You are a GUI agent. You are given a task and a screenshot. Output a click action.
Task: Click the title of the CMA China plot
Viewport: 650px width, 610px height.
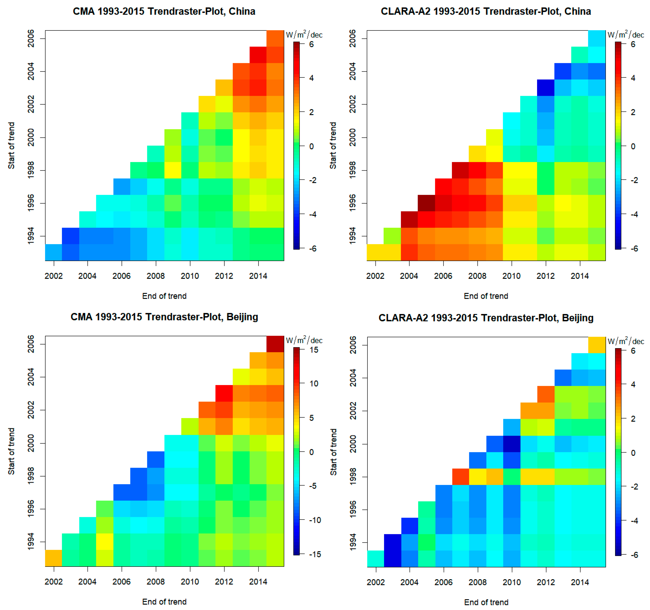[164, 11]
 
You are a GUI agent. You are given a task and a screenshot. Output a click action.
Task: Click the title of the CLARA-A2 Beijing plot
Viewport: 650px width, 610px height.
[486, 318]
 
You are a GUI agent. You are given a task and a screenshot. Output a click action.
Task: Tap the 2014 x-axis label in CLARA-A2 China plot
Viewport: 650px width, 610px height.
[580, 276]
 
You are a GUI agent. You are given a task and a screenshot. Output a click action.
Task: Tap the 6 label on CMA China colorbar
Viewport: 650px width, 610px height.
[311, 44]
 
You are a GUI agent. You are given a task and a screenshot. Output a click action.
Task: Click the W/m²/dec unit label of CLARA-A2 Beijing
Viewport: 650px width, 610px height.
[625, 341]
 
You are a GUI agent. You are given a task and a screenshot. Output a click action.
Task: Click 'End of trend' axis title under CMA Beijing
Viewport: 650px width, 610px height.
[164, 602]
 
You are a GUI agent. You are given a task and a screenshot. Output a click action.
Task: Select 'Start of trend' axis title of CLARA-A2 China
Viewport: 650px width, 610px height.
[333, 145]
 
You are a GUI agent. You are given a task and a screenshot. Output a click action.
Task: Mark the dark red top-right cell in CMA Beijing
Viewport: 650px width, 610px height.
[275, 344]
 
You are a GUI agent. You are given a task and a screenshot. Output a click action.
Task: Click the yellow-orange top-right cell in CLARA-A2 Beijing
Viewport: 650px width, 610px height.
[597, 345]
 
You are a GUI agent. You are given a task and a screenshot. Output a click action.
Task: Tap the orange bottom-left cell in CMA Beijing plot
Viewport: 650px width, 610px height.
[53, 558]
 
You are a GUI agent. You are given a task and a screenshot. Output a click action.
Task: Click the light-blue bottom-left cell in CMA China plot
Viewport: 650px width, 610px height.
[53, 252]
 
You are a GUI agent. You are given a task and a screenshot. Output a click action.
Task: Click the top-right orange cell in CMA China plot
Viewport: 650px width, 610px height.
[275, 38]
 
